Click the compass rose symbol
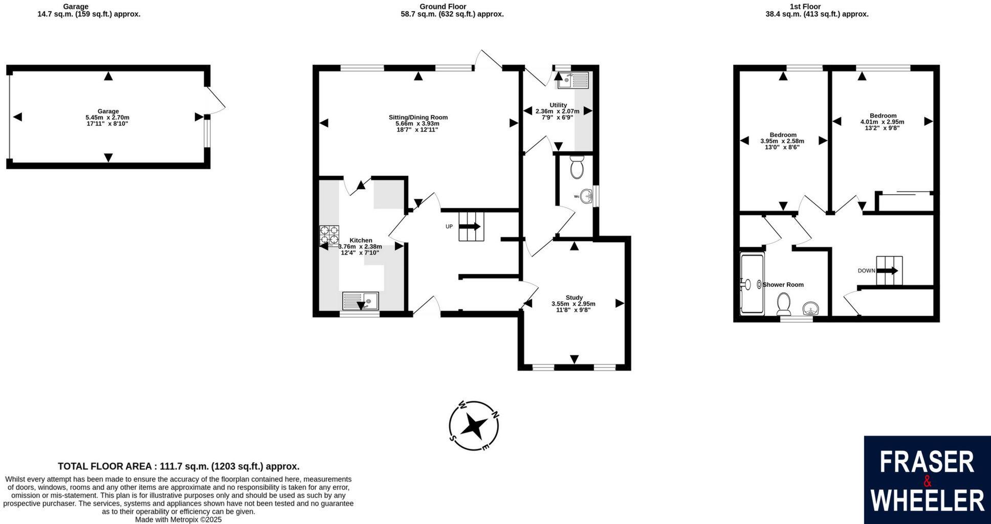pos(474,426)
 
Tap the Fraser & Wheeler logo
pos(927,480)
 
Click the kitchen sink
pos(360,301)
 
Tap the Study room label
pos(574,298)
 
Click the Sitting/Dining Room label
pos(418,117)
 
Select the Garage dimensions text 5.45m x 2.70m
pos(107,117)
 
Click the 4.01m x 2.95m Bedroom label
pos(883,116)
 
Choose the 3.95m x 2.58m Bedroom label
pos(782,135)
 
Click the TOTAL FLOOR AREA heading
pos(178,466)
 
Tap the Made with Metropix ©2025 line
pos(178,519)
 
